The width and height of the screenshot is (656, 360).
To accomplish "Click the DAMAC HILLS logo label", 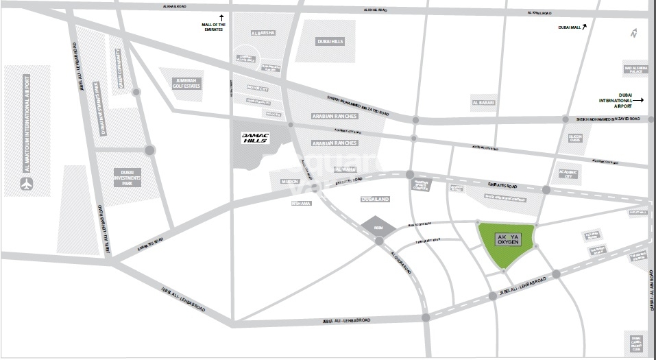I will (x=256, y=137).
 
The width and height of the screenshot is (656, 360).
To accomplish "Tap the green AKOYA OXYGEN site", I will (x=507, y=243).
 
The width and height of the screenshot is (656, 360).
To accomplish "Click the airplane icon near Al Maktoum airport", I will (x=27, y=184).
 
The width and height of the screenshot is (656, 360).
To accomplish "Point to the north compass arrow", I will (x=634, y=33).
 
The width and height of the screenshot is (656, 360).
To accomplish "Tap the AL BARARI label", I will (x=483, y=104).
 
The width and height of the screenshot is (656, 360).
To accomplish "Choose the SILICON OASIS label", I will (x=575, y=138).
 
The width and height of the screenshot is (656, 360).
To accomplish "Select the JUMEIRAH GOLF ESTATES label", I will (x=186, y=82).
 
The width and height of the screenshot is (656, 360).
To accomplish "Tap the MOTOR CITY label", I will (x=258, y=88).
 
